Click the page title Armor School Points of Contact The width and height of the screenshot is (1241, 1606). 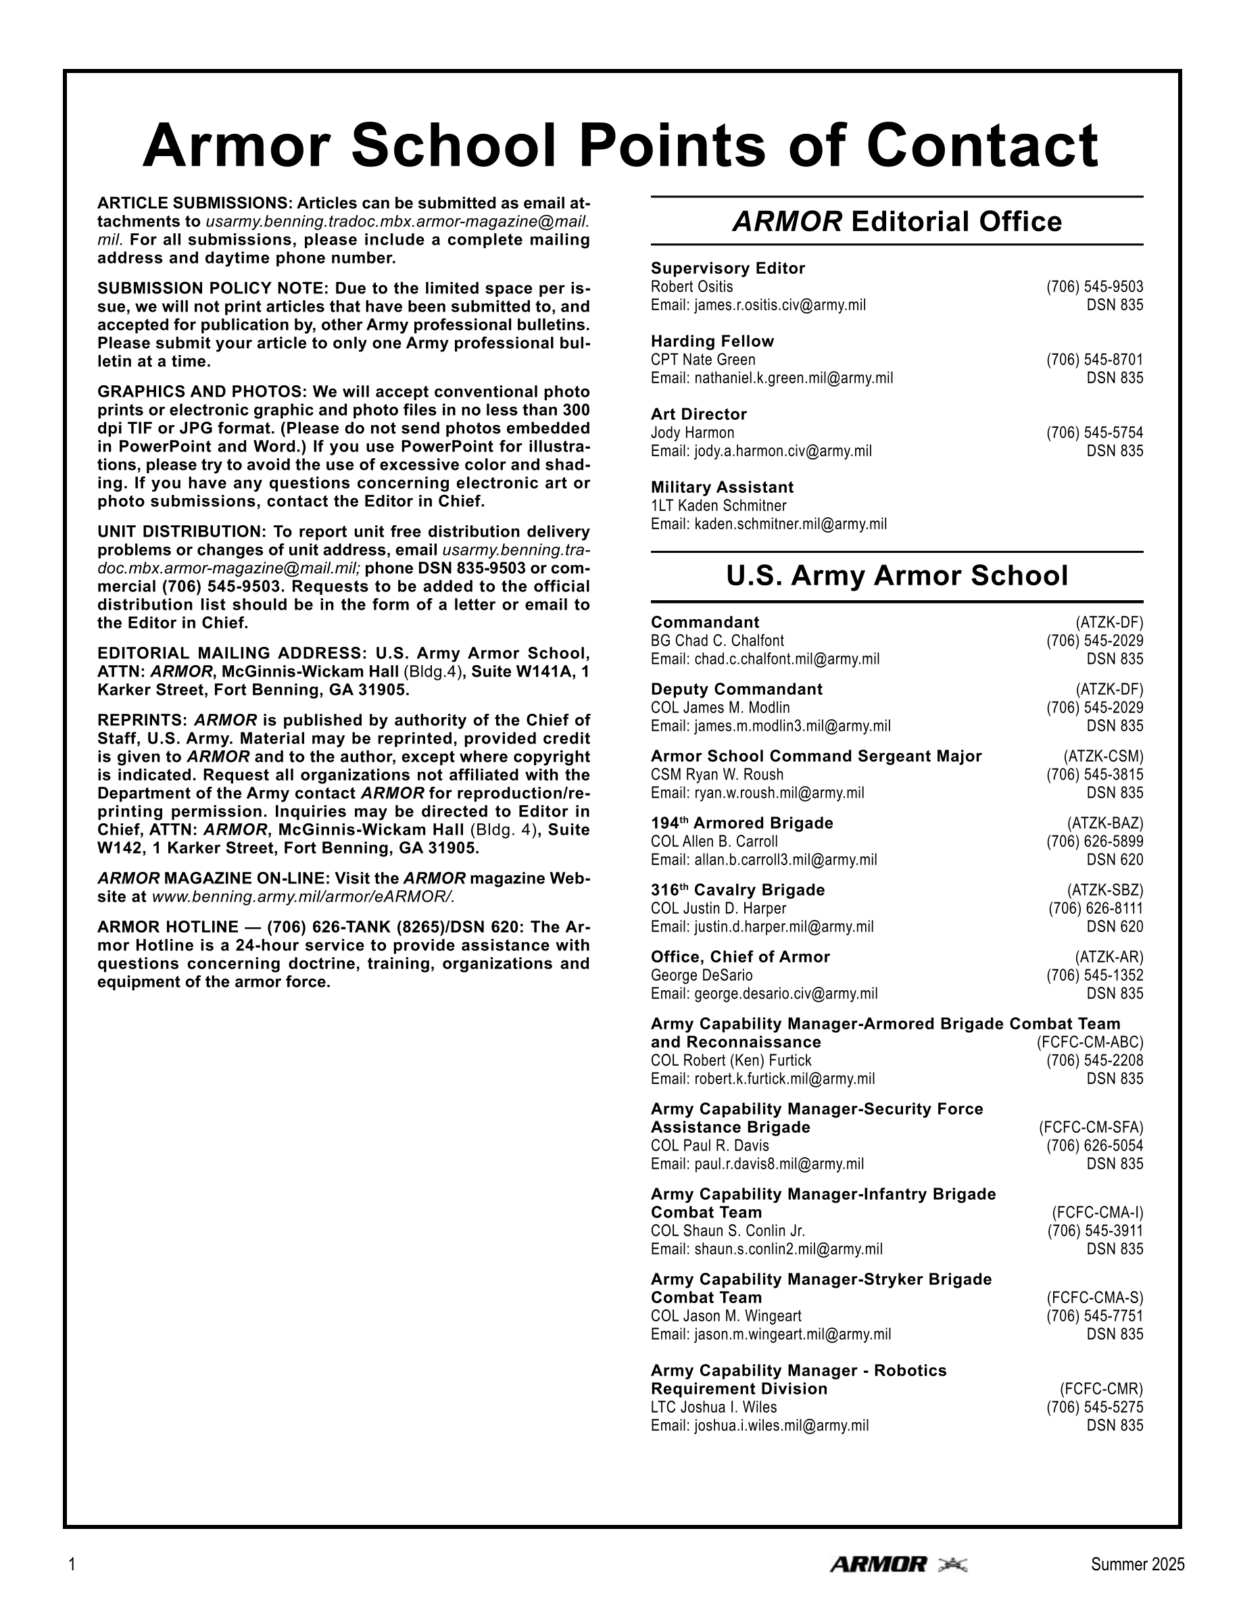tap(620, 145)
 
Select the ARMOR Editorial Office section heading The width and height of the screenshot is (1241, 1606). tap(897, 221)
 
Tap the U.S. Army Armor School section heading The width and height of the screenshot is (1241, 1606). tap(897, 575)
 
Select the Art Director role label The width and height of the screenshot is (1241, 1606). tap(698, 414)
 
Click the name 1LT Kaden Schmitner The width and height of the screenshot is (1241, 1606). tap(719, 506)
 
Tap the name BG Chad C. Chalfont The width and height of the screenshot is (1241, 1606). tap(716, 641)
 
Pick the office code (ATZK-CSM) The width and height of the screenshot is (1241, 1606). tap(1103, 756)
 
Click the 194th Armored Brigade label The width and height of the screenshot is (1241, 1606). tap(741, 823)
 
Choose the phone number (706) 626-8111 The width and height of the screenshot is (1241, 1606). tap(1096, 908)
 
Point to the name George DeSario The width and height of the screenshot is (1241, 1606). tap(702, 975)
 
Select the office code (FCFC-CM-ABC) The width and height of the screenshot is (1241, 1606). tap(1090, 1042)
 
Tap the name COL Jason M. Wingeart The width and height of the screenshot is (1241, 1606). tap(726, 1315)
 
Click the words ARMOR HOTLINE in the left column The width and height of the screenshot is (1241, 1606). tap(168, 927)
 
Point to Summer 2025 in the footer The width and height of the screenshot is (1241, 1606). tap(1138, 1565)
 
